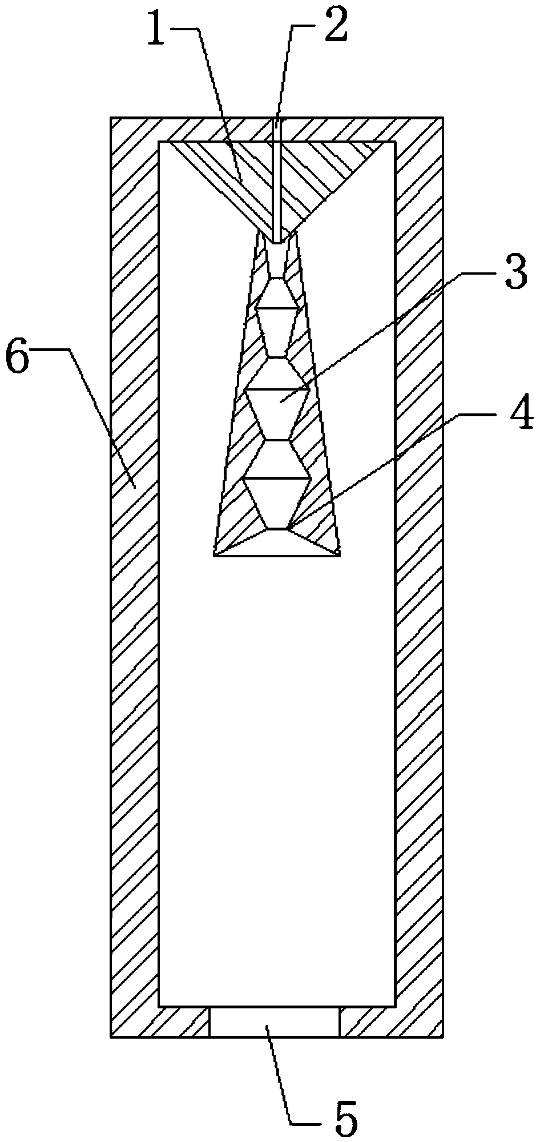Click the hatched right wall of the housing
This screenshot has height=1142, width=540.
pos(418,571)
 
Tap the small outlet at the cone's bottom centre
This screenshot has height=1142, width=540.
pos(277,529)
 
